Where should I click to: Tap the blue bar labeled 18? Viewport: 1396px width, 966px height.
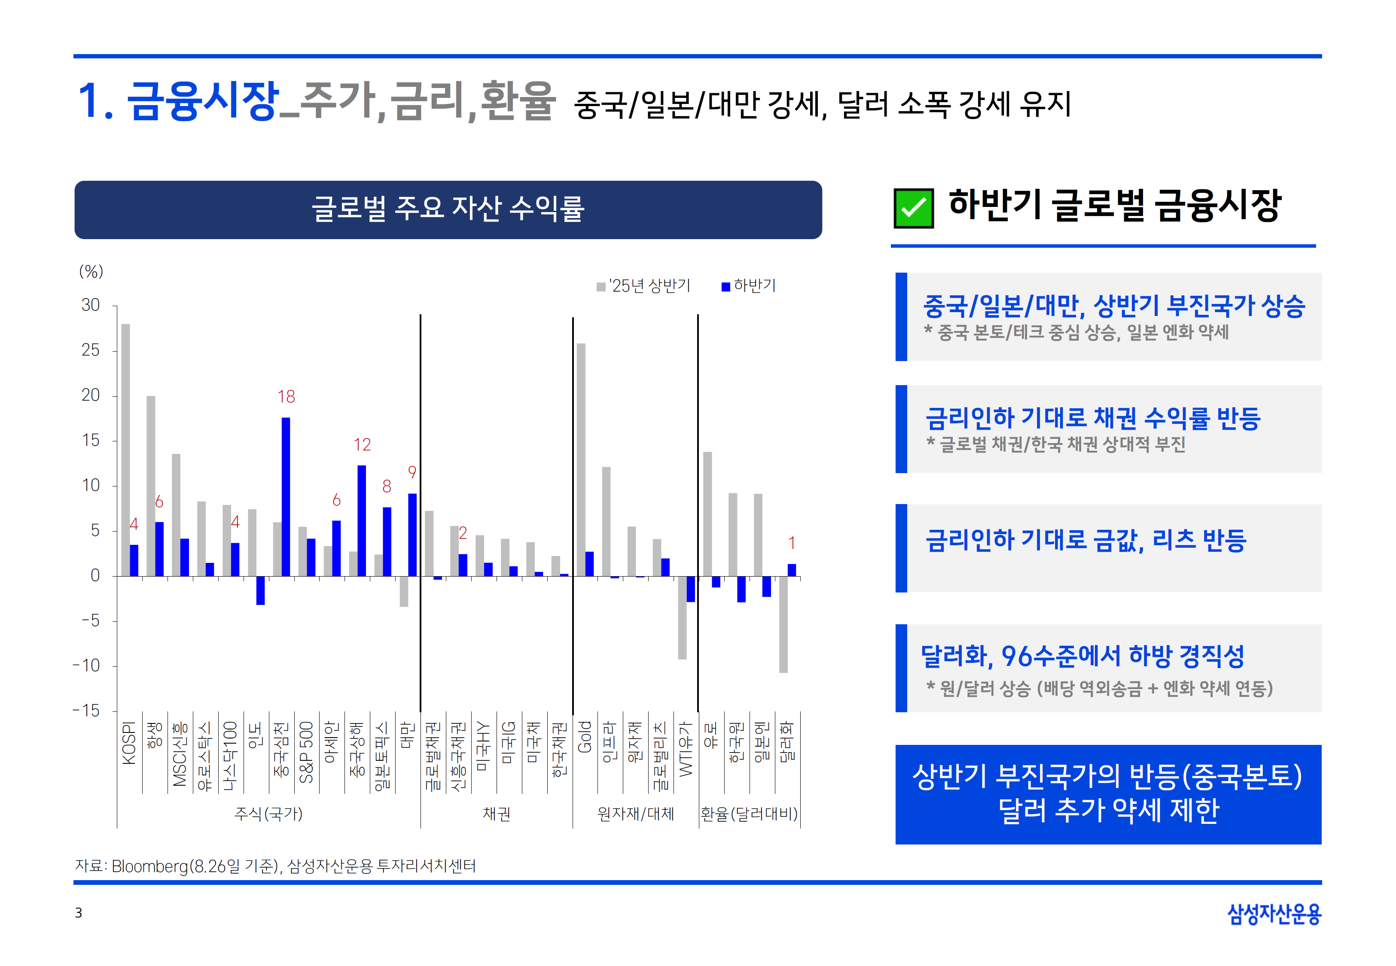point(286,496)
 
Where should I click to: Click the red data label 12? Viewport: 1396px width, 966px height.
point(362,445)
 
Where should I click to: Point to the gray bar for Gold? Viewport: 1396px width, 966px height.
point(581,459)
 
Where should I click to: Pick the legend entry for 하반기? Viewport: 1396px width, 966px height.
point(748,286)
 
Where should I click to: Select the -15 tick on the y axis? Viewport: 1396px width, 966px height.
point(87,711)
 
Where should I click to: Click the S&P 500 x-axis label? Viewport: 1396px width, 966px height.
point(306,752)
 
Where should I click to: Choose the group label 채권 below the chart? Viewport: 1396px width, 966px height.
point(497,814)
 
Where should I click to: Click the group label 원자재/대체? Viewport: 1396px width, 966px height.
point(636,814)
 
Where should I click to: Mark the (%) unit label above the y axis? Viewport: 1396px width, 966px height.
point(91,271)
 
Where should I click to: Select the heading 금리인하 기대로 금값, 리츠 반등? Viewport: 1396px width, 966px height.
point(1085,540)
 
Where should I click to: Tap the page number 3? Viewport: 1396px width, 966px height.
point(78,913)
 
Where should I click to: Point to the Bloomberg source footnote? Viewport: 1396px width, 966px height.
point(275,866)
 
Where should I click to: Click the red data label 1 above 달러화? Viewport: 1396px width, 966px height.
point(791,543)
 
